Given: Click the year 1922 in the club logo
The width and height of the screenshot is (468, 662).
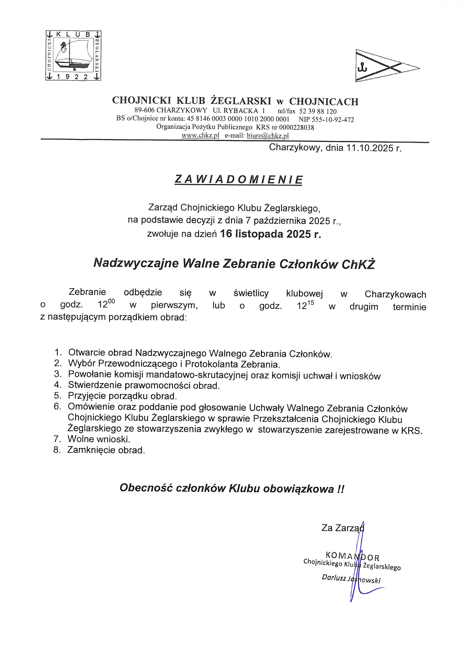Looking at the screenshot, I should [x=72, y=77].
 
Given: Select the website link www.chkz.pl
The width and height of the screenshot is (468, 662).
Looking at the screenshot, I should [x=200, y=136].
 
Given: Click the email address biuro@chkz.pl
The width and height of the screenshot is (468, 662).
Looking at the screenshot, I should [x=268, y=136].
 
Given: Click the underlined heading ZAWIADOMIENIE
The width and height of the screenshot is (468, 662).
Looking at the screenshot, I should [x=239, y=180].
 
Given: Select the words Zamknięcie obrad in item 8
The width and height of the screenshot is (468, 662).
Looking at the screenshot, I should [x=106, y=450].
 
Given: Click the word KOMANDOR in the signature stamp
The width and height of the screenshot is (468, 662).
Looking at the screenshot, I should [x=352, y=554].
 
